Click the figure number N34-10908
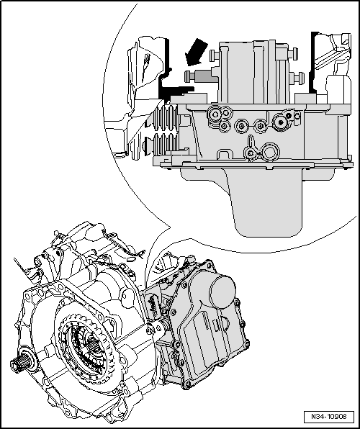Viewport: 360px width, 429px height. coord(334,417)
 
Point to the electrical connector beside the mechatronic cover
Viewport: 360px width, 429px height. coord(155,303)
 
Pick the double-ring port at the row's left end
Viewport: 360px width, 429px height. coord(214,114)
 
